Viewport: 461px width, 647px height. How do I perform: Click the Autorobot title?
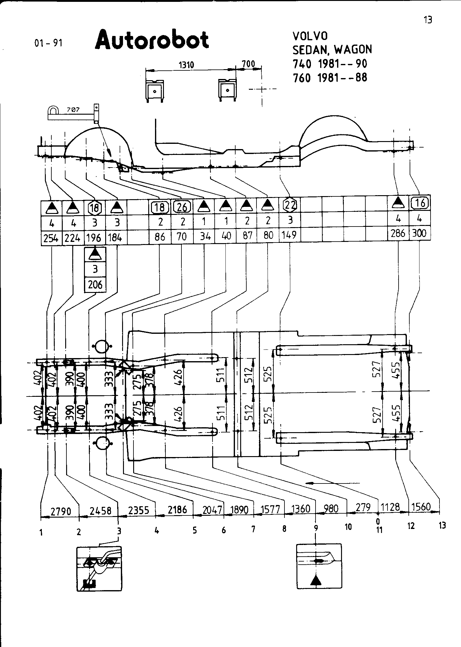pos(152,40)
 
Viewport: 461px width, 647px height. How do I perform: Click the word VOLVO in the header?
pos(310,36)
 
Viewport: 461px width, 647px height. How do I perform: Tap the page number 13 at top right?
pos(428,20)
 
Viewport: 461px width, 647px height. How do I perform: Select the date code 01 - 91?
pos(48,43)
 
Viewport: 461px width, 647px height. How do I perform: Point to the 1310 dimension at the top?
pos(186,65)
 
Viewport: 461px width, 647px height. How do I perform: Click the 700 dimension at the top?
pos(248,64)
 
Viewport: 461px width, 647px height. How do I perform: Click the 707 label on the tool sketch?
pos(73,109)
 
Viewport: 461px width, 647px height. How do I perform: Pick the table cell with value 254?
pos(51,238)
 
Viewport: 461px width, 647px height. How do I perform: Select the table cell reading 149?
pos(289,235)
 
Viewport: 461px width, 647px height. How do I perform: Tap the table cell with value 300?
pos(419,233)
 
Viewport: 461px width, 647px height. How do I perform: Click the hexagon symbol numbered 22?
pos(290,204)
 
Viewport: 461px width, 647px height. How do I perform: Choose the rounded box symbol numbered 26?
pos(182,207)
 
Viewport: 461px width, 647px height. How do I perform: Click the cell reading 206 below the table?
pos(95,285)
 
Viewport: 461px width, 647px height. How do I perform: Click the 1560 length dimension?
pos(421,507)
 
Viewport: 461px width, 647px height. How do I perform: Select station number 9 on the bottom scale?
pos(316,527)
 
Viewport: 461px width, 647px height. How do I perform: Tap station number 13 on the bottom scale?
pos(442,525)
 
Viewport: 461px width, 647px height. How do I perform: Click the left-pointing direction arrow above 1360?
pos(332,483)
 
